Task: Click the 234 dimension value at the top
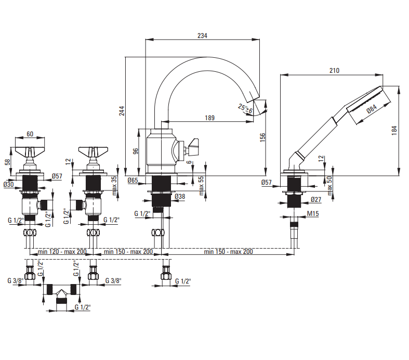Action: [202, 35]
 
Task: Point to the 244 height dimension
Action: [122, 111]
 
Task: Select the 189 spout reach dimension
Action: [209, 118]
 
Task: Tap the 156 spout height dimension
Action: [262, 137]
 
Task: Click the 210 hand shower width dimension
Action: [334, 70]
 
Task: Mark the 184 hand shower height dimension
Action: [394, 131]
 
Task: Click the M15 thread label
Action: [313, 213]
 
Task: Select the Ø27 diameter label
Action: [316, 200]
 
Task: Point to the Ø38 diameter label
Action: [180, 197]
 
